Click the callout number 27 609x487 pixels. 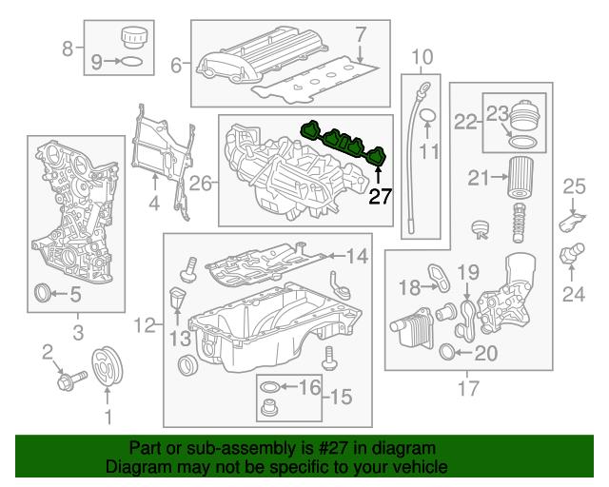380,197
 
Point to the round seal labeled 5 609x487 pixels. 44,294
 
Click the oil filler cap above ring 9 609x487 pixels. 129,40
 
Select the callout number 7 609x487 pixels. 361,35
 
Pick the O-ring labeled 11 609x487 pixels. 427,118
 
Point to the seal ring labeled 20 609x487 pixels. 447,356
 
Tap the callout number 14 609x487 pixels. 355,255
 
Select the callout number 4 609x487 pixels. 153,203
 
